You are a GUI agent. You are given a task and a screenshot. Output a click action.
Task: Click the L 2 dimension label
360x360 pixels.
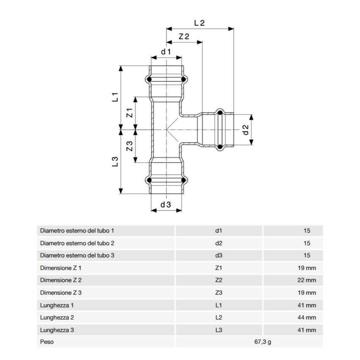click(199, 24)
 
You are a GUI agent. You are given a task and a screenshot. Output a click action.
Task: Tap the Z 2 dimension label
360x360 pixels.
click(184, 37)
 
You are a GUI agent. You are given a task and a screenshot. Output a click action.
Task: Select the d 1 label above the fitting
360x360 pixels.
click(166, 52)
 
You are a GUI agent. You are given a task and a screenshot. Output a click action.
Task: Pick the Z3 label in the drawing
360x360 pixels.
click(130, 146)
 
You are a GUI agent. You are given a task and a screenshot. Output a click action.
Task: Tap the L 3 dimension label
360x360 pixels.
click(115, 161)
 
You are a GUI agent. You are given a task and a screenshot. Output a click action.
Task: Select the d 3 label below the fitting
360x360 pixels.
click(166, 205)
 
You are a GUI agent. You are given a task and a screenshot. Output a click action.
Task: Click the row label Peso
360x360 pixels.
click(47, 341)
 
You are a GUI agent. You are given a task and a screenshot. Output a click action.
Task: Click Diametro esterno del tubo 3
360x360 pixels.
click(77, 255)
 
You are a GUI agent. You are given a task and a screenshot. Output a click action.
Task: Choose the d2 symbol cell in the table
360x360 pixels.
click(219, 243)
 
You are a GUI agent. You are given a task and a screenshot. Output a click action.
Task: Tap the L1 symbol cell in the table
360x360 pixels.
click(219, 305)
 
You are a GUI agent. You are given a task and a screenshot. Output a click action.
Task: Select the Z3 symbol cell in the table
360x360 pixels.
click(219, 293)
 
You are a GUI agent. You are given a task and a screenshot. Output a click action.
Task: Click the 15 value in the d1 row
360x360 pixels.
click(307, 231)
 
